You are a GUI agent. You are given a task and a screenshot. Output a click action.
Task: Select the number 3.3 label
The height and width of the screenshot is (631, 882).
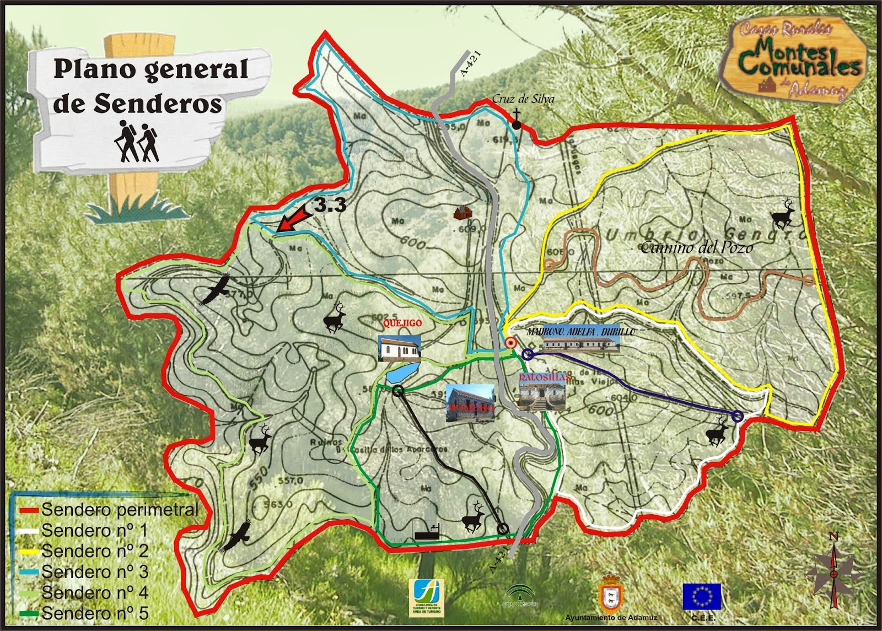click(x=330, y=205)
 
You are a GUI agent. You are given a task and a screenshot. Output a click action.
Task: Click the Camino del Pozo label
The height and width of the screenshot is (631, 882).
click(x=696, y=247)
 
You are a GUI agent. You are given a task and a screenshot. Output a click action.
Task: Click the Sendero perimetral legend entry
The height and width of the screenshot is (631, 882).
click(x=119, y=509)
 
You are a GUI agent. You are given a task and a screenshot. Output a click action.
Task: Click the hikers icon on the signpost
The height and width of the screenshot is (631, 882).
click(x=137, y=142)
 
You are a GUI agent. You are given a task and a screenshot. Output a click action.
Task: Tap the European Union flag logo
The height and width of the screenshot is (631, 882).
click(x=702, y=596)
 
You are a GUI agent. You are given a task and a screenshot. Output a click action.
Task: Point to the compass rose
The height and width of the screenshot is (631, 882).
click(x=833, y=570)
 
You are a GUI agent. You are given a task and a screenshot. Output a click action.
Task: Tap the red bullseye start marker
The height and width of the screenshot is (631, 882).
click(x=510, y=343)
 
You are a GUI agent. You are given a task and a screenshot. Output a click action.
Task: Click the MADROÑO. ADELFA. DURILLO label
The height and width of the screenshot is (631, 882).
click(x=580, y=332)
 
